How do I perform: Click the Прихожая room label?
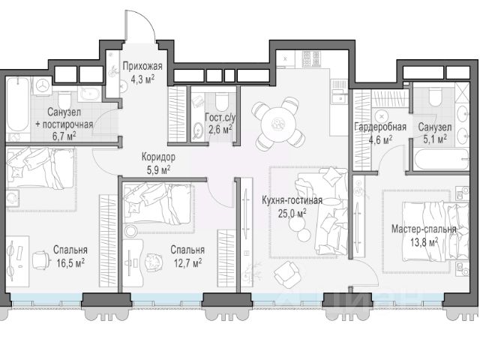click(142, 66)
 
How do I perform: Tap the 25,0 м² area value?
click(292, 213)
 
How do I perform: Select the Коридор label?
click(158, 157)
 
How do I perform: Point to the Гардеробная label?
click(380, 127)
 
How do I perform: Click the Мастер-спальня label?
click(424, 229)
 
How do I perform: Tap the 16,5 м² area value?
click(70, 263)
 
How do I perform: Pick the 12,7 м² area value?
click(187, 262)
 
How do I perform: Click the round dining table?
click(278, 124)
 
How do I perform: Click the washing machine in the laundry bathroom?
click(43, 84)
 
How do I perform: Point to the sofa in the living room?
click(322, 211)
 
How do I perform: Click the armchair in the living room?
click(286, 275)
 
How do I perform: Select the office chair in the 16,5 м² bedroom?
click(41, 259)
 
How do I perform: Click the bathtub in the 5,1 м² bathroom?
click(441, 159)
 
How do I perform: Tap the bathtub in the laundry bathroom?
click(18, 105)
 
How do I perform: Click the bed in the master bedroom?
click(435, 231)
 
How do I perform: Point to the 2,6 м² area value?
click(220, 130)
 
